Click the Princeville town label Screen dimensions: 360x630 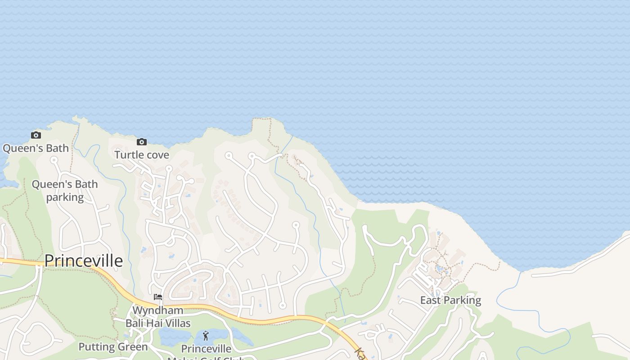(x=84, y=261)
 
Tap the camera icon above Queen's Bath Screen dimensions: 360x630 (x=36, y=135)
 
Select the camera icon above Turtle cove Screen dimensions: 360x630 (x=142, y=142)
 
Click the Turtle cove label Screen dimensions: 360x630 (x=142, y=155)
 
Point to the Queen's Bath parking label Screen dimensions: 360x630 (x=65, y=191)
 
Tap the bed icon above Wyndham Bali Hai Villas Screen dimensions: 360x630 (x=158, y=297)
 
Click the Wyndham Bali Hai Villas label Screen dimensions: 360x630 (x=158, y=317)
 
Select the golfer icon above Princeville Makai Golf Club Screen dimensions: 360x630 (x=206, y=336)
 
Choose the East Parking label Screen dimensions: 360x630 (x=450, y=300)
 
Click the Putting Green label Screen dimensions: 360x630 (x=113, y=347)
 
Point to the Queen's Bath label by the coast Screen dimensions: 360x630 (x=36, y=148)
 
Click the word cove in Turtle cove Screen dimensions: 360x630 (x=157, y=155)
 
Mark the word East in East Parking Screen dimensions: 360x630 (x=430, y=300)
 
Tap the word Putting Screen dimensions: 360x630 (x=96, y=347)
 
